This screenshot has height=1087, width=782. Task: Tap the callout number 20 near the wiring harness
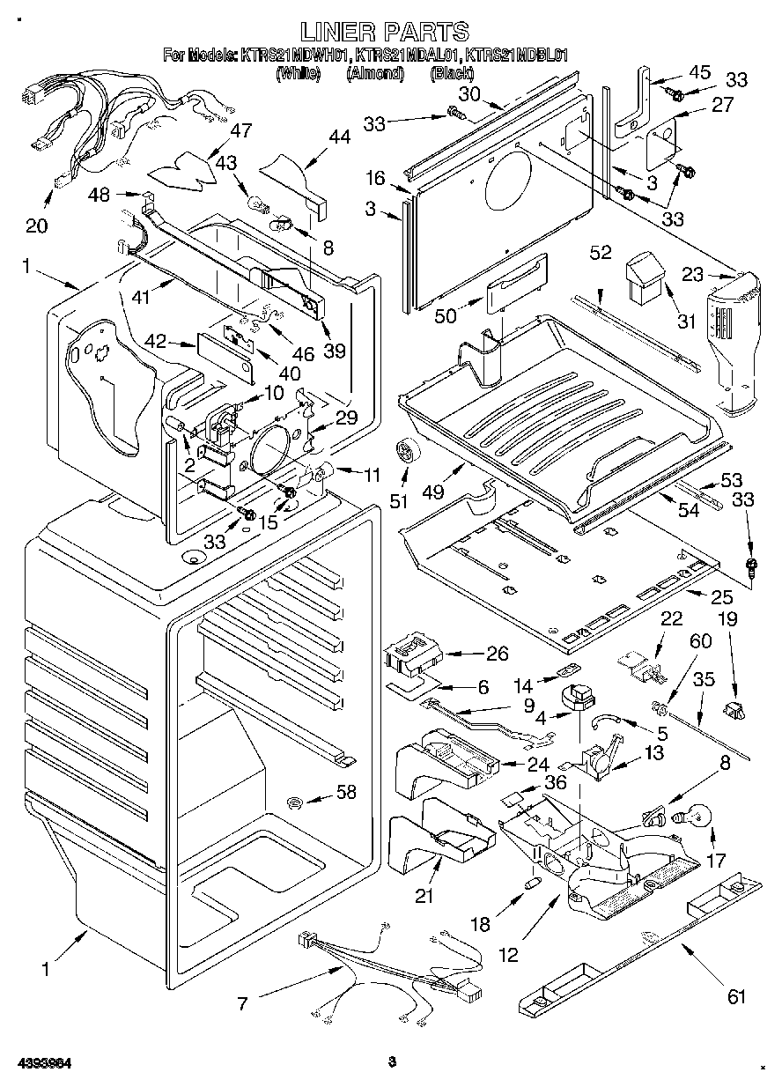(x=36, y=226)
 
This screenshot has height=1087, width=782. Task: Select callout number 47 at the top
(x=240, y=131)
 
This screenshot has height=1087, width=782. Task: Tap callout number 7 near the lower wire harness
(x=242, y=1002)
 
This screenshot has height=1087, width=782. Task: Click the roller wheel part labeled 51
(x=408, y=451)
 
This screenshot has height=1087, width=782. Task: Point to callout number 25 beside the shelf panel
(x=722, y=596)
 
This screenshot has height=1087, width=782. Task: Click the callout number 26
(x=498, y=654)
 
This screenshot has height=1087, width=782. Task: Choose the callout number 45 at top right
(x=698, y=73)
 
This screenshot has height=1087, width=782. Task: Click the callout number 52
(x=601, y=253)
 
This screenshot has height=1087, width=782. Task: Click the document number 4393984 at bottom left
(x=46, y=1061)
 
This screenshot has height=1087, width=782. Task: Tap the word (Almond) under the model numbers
(x=376, y=74)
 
